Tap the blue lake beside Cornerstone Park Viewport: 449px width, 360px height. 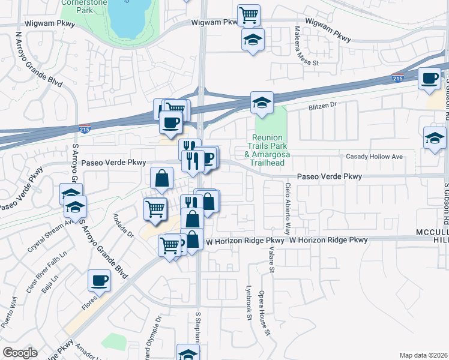click(x=128, y=17)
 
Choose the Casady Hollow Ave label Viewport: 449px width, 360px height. click(x=374, y=157)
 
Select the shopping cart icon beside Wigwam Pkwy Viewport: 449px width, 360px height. click(x=249, y=14)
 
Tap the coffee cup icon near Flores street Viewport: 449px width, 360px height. click(x=99, y=280)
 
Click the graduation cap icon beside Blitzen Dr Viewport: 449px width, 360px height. click(x=262, y=103)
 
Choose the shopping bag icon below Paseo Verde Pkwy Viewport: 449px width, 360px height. click(x=161, y=178)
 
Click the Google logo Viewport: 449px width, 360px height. click(x=20, y=352)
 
